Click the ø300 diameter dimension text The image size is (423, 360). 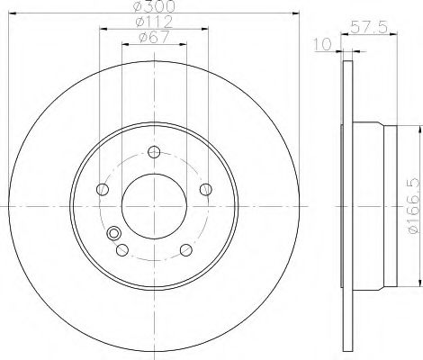click(x=154, y=5)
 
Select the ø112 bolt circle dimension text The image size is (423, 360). click(x=154, y=22)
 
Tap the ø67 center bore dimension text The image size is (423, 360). click(x=154, y=38)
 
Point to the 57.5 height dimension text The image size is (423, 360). click(x=369, y=27)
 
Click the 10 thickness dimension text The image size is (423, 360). click(x=323, y=44)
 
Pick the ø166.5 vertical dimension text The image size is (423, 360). click(x=413, y=206)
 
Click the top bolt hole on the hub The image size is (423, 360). click(x=154, y=152)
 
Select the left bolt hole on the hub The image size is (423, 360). click(x=103, y=189)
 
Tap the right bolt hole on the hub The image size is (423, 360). click(x=206, y=189)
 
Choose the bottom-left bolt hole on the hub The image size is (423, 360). click(x=122, y=250)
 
